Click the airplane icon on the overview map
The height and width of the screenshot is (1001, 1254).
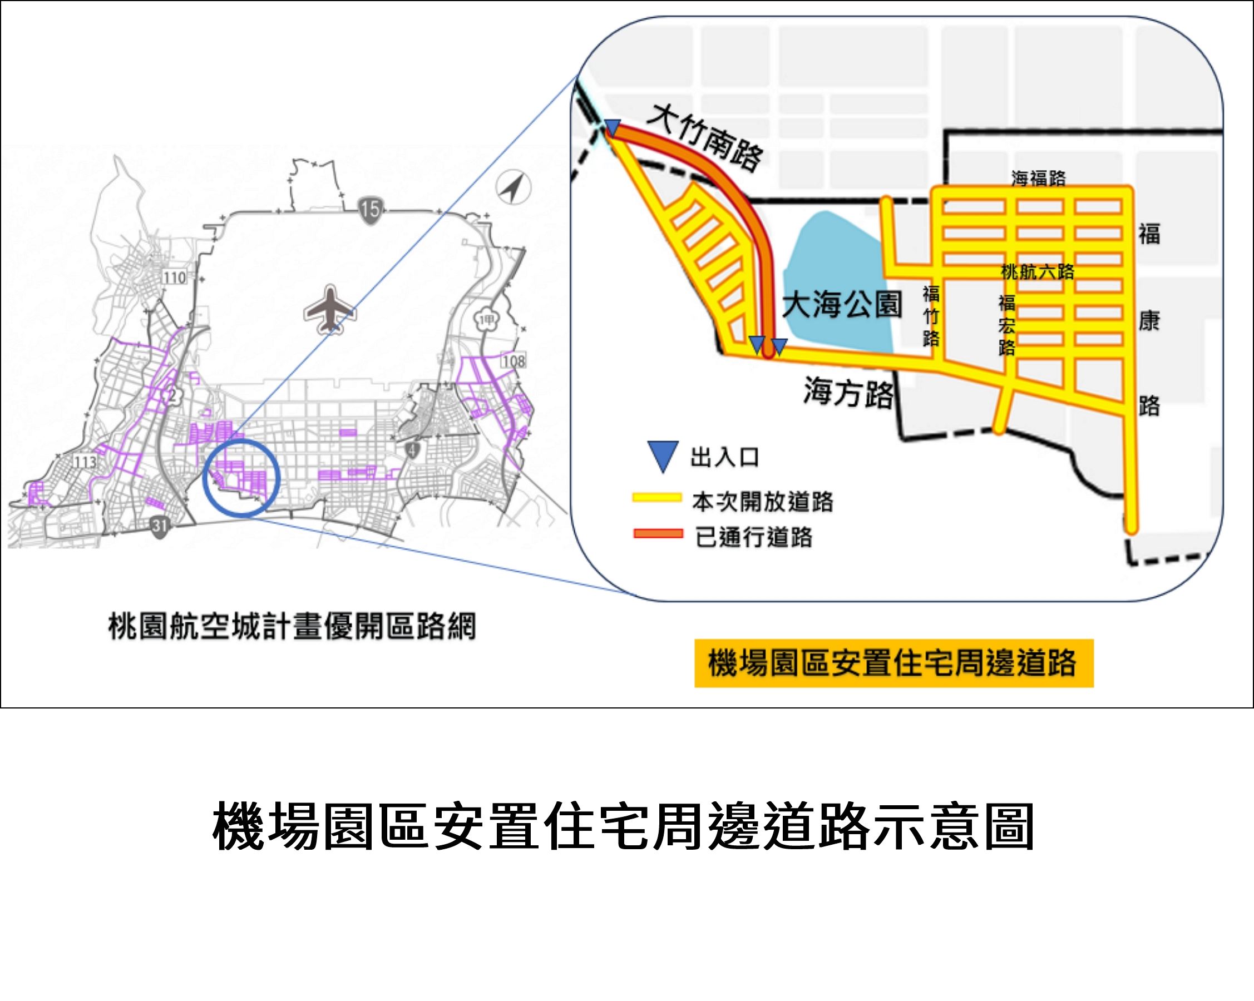(x=329, y=309)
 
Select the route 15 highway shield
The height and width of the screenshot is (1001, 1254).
(x=369, y=208)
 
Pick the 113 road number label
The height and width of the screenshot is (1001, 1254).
(x=85, y=462)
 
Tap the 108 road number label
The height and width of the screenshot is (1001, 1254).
(x=514, y=361)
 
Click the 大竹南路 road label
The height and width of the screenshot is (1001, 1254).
(x=705, y=138)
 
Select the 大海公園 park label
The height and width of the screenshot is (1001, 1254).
(x=842, y=305)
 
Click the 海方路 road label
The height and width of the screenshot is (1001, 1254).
(x=848, y=393)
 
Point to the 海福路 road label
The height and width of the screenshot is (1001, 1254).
(x=1038, y=178)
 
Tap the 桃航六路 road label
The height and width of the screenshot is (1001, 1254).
(x=1038, y=271)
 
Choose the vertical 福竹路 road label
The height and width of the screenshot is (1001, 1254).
(x=931, y=316)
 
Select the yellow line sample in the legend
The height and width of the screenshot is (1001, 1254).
(x=657, y=498)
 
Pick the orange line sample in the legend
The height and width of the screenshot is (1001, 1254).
(x=658, y=534)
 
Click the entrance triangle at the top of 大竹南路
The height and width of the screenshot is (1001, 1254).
(x=613, y=128)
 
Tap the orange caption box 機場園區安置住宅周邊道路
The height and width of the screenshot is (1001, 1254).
(x=894, y=663)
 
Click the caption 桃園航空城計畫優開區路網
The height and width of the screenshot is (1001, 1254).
(x=292, y=626)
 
